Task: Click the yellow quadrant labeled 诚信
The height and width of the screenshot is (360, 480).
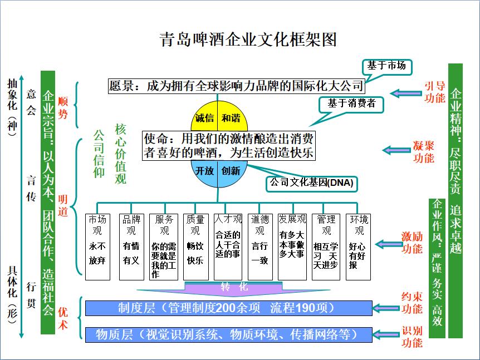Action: click(204, 118)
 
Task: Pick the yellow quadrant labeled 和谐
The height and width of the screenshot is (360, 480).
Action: click(231, 118)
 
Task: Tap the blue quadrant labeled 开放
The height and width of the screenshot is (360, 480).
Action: click(204, 171)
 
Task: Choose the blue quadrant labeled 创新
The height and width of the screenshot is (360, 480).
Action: click(231, 171)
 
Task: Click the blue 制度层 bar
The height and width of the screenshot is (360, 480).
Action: click(228, 308)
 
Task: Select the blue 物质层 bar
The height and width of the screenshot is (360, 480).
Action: click(228, 334)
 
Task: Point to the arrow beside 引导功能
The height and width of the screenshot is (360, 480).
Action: click(405, 92)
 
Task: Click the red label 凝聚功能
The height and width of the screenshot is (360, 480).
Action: click(424, 151)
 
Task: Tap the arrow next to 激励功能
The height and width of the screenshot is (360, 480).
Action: click(388, 244)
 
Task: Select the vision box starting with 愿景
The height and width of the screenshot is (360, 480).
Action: click(236, 86)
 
